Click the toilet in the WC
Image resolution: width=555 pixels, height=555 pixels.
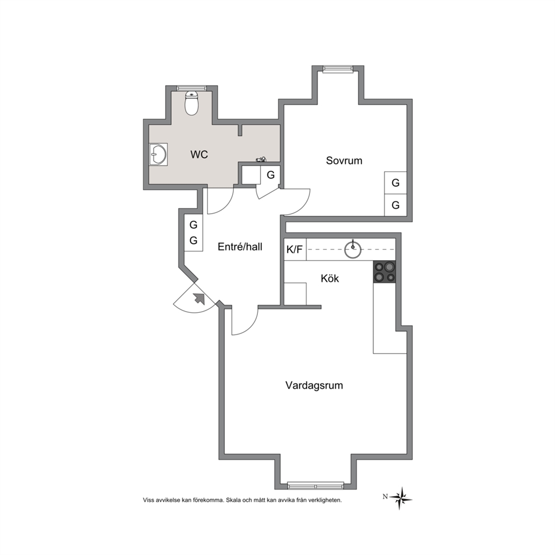(x=192, y=104)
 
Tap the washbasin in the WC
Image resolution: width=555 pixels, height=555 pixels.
(x=158, y=154)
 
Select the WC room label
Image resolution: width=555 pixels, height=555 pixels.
(x=199, y=154)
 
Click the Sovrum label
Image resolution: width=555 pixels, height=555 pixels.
(x=344, y=161)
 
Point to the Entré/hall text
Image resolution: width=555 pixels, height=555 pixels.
(x=240, y=247)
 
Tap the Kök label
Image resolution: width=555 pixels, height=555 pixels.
(x=330, y=278)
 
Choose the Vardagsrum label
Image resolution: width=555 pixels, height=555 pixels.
(x=314, y=385)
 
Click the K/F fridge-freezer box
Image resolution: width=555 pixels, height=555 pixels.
(x=295, y=250)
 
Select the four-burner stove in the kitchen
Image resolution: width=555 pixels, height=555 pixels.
(x=384, y=271)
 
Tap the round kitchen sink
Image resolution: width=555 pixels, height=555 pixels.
(x=352, y=250)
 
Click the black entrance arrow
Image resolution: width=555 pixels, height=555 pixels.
(x=199, y=299)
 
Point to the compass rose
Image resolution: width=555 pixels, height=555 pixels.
(x=401, y=498)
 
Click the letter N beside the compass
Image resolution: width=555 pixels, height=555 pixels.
(x=385, y=497)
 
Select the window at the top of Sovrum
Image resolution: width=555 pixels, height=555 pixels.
(x=338, y=69)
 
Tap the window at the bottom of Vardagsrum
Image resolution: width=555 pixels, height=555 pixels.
(x=316, y=485)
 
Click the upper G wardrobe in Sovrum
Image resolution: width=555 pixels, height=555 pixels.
(x=396, y=182)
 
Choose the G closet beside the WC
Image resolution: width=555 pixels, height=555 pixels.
(x=270, y=175)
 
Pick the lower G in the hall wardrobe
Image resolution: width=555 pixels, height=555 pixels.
(x=193, y=241)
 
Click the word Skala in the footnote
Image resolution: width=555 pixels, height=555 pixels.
(x=233, y=500)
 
